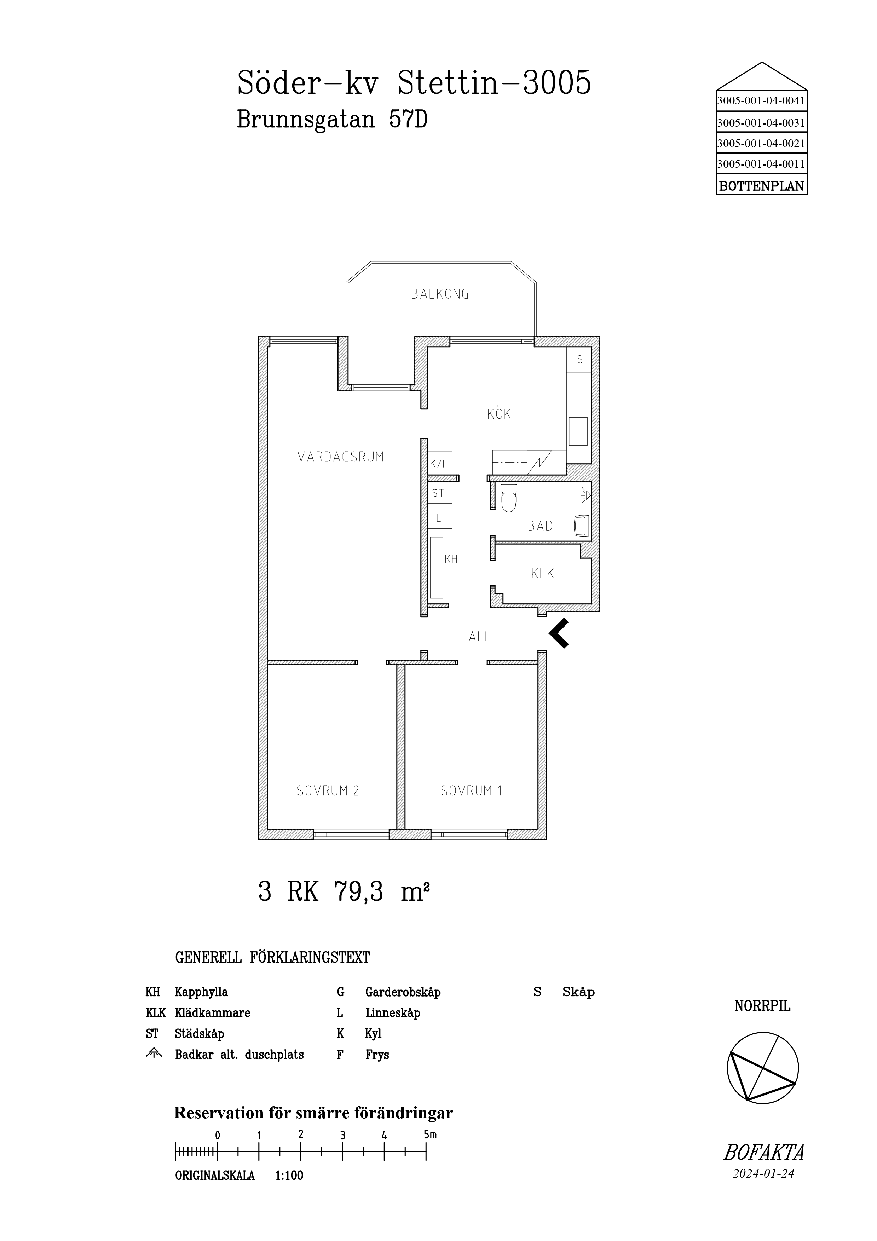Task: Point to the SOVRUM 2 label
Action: (x=328, y=791)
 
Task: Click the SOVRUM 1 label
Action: (x=471, y=791)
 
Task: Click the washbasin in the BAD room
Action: (x=582, y=526)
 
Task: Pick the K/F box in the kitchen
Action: (x=440, y=463)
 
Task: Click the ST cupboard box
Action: (x=440, y=493)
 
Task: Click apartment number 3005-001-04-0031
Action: (x=761, y=123)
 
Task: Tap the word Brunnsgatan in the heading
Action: (x=306, y=119)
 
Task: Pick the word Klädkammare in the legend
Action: (x=212, y=1012)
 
